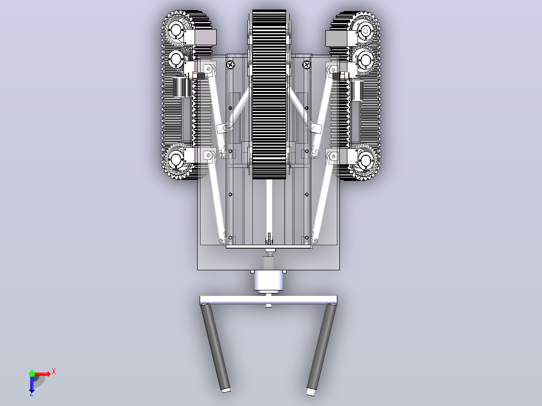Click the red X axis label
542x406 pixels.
click(x=54, y=372)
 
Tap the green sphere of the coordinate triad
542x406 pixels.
click(x=32, y=374)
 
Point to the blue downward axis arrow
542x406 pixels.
click(x=32, y=386)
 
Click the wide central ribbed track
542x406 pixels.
click(x=269, y=94)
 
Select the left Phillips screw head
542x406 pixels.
click(x=231, y=65)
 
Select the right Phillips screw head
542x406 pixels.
click(x=306, y=65)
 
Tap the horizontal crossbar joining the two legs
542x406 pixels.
click(x=268, y=300)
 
